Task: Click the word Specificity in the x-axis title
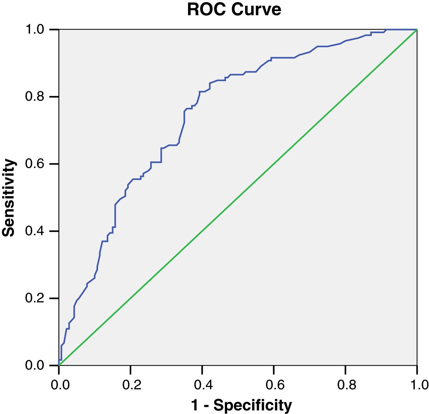[x=253, y=405]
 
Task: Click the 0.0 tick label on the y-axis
[x=35, y=365]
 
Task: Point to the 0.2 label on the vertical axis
[x=35, y=298]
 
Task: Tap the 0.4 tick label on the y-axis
[x=35, y=231]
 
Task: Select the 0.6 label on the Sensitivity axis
[x=35, y=164]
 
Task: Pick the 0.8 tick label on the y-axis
[x=35, y=97]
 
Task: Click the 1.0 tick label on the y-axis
[x=35, y=29]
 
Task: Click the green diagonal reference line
[x=238, y=197]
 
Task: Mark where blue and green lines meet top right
[x=417, y=30]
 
